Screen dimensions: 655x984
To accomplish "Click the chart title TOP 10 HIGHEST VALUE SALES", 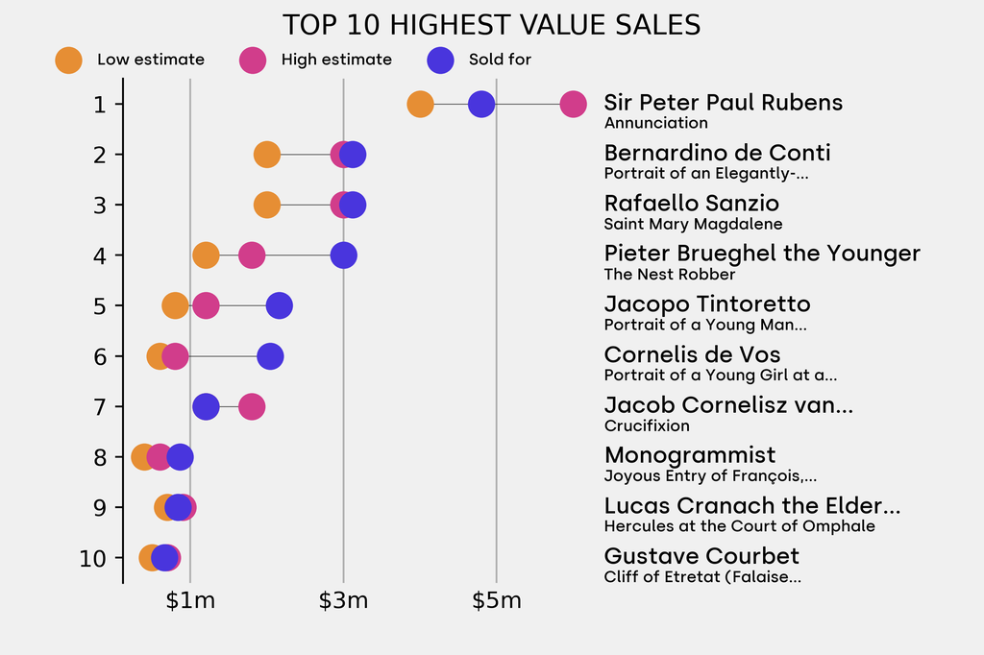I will click(x=491, y=25).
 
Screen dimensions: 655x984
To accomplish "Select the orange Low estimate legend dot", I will click(x=68, y=60).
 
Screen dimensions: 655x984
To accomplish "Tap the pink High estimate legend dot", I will click(x=253, y=60).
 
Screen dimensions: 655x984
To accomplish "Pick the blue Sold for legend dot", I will click(x=439, y=60).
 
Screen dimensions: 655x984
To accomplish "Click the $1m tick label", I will click(x=190, y=602).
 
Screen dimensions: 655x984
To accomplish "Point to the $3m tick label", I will click(x=343, y=602).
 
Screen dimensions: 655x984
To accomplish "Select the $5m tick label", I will click(x=496, y=602).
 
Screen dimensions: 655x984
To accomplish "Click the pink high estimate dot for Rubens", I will click(x=573, y=104).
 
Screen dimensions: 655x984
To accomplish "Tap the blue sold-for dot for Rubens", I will click(x=481, y=104).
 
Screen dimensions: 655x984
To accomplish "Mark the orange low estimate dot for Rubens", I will click(x=420, y=104).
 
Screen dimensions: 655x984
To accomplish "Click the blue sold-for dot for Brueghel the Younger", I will click(x=343, y=255).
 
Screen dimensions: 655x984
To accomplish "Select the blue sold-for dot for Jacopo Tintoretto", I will click(x=280, y=306).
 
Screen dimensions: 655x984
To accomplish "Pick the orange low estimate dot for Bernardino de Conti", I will click(x=267, y=155).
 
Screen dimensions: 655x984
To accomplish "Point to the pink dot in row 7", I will click(x=251, y=406).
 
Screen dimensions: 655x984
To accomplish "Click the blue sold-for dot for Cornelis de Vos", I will click(x=270, y=356).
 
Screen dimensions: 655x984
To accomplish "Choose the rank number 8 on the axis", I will click(x=100, y=457).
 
